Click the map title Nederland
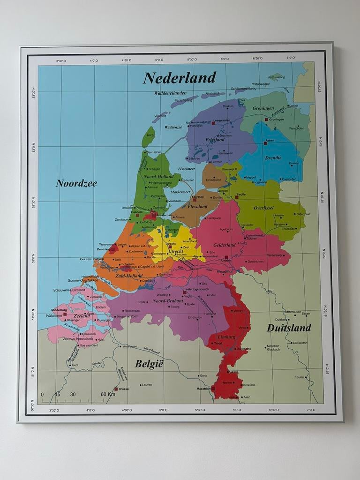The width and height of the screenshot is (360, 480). pyautogui.click(x=180, y=77)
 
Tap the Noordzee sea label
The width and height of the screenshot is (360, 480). pyautogui.click(x=76, y=183)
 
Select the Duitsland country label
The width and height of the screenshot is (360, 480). pyautogui.click(x=289, y=328)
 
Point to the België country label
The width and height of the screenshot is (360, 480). pyautogui.click(x=149, y=364)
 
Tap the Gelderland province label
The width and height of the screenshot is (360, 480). pyautogui.click(x=224, y=245)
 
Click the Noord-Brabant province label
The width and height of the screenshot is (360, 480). pyautogui.click(x=167, y=300)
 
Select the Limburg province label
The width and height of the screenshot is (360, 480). pyautogui.click(x=226, y=337)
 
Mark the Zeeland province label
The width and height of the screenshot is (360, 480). pyautogui.click(x=81, y=316)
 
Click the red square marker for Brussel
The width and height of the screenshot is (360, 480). pyautogui.click(x=116, y=389)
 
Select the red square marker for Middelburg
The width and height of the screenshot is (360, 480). pyautogui.click(x=65, y=315)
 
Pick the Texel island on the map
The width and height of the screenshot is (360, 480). pyautogui.click(x=149, y=136)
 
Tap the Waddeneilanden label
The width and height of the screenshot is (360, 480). pyautogui.click(x=170, y=93)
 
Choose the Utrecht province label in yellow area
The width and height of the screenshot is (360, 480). pyautogui.click(x=176, y=252)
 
